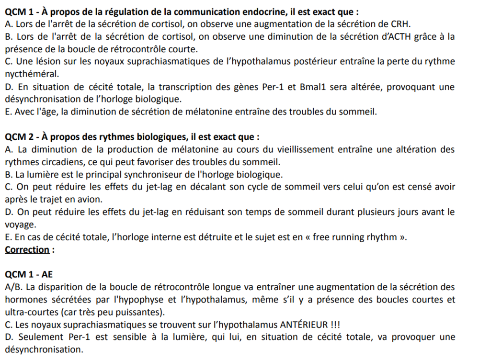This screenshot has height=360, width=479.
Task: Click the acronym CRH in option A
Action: [400, 24]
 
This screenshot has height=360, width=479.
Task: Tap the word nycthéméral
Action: [32, 74]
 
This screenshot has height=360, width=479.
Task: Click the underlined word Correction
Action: [27, 249]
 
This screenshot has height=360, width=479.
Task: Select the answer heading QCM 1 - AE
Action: [29, 274]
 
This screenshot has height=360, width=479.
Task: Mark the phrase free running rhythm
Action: [355, 237]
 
